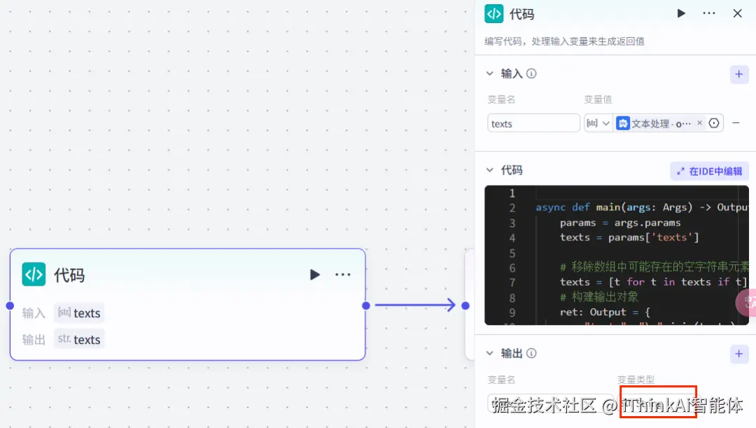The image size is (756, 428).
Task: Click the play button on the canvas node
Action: (315, 275)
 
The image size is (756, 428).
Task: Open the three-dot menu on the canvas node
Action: (342, 275)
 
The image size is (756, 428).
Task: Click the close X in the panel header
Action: (737, 13)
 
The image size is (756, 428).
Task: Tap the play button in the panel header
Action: (681, 13)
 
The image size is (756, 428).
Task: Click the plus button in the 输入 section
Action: (739, 74)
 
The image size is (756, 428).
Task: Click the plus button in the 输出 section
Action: (739, 354)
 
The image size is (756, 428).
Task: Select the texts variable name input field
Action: (533, 123)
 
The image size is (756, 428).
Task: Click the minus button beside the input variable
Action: (736, 123)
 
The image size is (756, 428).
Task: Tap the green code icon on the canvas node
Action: (34, 275)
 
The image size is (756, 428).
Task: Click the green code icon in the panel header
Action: (494, 13)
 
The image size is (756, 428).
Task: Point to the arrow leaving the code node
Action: (416, 305)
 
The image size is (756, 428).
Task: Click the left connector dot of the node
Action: (10, 305)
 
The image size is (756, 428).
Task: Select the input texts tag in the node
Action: (79, 313)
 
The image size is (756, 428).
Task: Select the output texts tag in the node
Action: (79, 340)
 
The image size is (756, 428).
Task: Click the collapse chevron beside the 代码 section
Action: (490, 170)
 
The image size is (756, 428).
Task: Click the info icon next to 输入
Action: (531, 74)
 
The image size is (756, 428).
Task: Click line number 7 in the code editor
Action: (512, 282)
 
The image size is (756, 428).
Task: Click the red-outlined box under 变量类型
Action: (657, 402)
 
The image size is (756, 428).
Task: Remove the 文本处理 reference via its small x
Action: (699, 123)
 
